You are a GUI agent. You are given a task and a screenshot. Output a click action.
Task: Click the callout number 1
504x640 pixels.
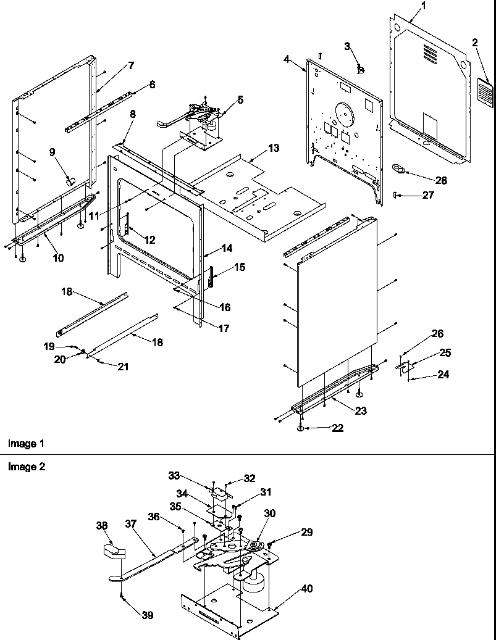click(x=423, y=6)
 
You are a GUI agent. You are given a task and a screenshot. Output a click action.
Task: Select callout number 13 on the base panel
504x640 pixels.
click(x=273, y=148)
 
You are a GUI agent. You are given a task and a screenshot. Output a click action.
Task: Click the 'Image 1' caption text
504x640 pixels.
click(x=26, y=443)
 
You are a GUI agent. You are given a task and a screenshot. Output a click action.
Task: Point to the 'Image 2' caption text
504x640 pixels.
click(x=26, y=467)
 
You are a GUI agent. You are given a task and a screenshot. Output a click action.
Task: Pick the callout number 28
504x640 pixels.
click(x=440, y=181)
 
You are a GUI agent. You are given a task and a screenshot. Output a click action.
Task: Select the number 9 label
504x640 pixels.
click(x=52, y=152)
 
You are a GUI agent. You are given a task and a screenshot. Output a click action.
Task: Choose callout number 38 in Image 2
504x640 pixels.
click(x=102, y=526)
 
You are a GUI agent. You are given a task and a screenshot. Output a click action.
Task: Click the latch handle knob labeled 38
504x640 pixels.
click(x=111, y=551)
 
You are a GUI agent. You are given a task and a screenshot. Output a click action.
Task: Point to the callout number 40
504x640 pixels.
click(x=306, y=589)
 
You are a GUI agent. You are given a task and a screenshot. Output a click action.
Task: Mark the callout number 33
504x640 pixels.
click(x=175, y=475)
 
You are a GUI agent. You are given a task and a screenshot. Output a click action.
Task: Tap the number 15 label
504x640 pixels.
click(x=239, y=267)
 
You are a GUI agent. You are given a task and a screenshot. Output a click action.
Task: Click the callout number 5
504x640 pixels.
click(x=240, y=99)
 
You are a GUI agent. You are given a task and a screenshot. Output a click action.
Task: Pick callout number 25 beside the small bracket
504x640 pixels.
click(x=445, y=353)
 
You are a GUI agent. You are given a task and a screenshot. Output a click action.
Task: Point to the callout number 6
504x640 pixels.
click(x=152, y=85)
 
